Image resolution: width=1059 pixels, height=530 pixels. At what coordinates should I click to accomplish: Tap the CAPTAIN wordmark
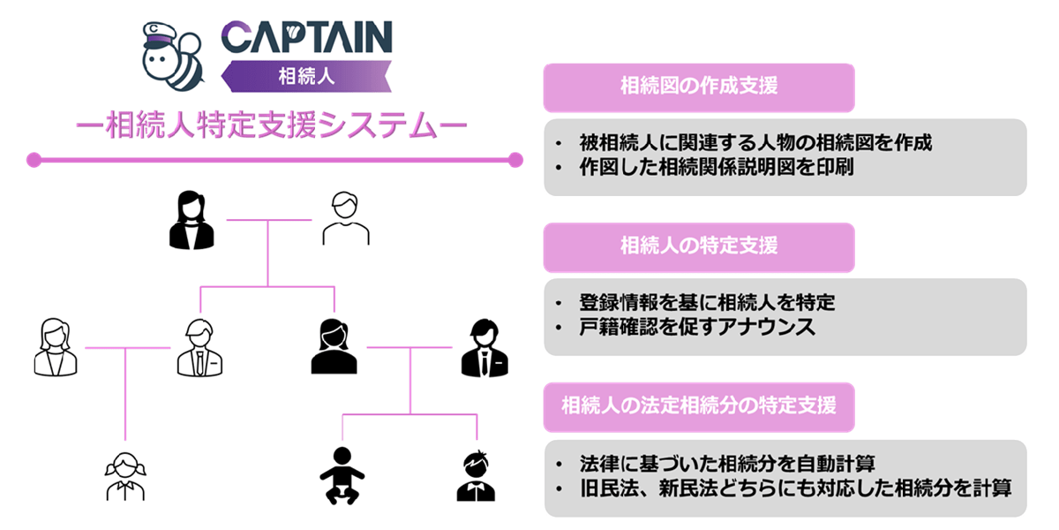point(306,38)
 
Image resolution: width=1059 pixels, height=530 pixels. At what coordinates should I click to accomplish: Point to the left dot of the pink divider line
point(34,160)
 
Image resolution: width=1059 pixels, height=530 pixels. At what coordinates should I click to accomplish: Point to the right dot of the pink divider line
point(516,160)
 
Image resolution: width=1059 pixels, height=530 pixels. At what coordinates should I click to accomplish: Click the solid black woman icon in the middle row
point(334,347)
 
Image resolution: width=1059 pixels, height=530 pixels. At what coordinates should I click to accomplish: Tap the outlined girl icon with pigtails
point(124,476)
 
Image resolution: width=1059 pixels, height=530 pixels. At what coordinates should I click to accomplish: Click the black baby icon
point(340,476)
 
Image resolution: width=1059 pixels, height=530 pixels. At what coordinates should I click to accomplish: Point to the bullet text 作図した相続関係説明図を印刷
point(716,167)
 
